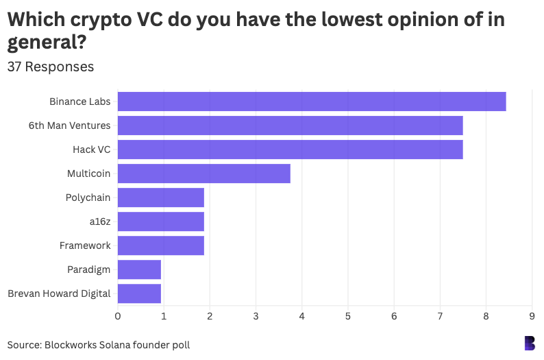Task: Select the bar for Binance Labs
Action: tap(312, 101)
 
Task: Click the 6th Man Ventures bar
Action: tap(290, 125)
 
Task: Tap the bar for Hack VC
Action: tap(290, 149)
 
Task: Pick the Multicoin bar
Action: tap(203, 173)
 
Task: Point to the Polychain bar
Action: tap(161, 197)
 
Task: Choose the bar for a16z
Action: tap(161, 221)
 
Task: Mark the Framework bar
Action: tap(161, 245)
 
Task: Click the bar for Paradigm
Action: tap(139, 269)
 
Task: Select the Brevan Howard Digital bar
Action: tap(139, 293)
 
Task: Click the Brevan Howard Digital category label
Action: tap(59, 293)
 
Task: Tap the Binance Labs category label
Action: tap(79, 101)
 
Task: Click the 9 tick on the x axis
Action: tap(532, 316)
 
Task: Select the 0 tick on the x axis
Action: tap(118, 316)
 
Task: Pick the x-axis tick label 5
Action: tap(348, 316)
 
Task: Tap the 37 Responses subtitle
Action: tap(51, 67)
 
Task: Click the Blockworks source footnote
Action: tap(99, 345)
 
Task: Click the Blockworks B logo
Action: tap(529, 343)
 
